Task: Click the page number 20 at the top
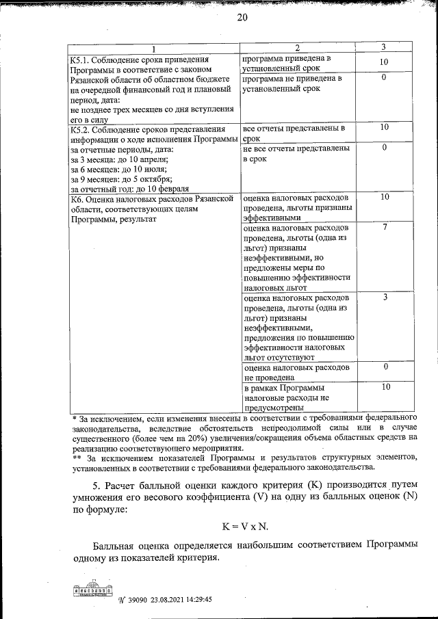point(242,18)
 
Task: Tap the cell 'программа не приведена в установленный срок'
point(291,83)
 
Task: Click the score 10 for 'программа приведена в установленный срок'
point(384,62)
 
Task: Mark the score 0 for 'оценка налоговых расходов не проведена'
point(385,367)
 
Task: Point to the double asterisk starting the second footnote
point(77,458)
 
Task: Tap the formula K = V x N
point(244,527)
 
